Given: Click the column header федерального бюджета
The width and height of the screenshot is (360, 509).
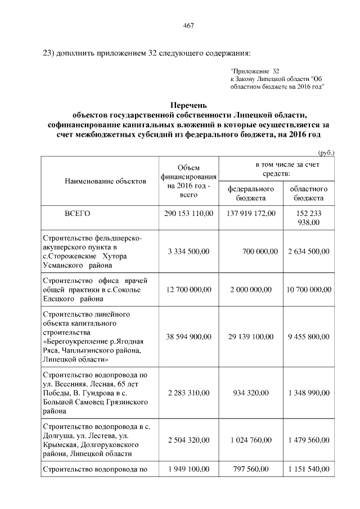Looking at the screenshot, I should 251,193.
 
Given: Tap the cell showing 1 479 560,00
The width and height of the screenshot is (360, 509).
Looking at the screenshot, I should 308,439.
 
